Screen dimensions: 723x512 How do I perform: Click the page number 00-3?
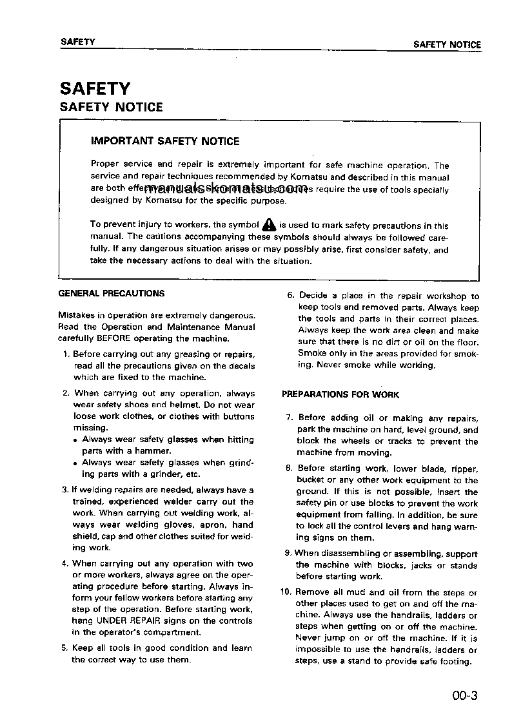coord(464,695)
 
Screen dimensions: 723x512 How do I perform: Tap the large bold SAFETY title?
coord(95,88)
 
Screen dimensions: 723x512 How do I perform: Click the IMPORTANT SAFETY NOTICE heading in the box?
coord(165,141)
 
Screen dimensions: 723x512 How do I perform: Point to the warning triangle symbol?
coord(269,225)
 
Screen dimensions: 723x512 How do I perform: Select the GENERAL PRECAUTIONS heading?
coord(112,293)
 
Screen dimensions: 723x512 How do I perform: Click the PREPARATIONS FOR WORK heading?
coord(340,394)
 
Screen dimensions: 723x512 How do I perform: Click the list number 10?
coord(287,592)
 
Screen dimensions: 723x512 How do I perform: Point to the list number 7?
coord(290,418)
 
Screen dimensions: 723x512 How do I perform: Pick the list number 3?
coord(65,490)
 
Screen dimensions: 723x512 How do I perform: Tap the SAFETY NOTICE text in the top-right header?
coord(447,44)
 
